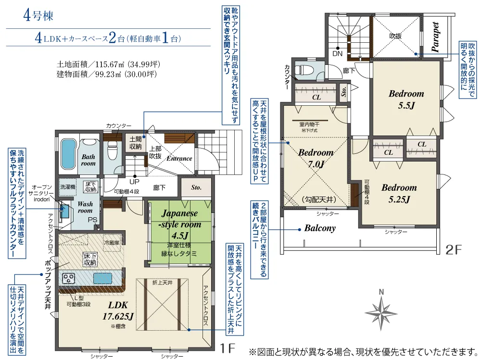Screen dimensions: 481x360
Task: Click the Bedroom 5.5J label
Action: (x=406, y=99)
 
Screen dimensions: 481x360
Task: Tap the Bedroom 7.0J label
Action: (x=316, y=158)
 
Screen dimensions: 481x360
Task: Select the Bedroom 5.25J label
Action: (x=399, y=194)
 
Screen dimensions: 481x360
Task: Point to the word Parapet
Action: (x=435, y=37)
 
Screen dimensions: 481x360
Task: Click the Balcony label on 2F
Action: (x=320, y=228)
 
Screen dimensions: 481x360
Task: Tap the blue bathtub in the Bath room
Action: (x=68, y=154)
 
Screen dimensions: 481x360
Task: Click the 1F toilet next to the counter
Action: (x=112, y=151)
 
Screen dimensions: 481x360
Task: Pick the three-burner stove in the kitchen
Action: (x=68, y=278)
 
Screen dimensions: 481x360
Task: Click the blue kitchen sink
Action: (x=102, y=279)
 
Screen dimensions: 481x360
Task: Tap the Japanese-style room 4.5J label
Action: (x=180, y=224)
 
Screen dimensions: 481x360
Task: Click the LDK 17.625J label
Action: (x=118, y=310)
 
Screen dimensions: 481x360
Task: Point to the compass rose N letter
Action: (x=381, y=292)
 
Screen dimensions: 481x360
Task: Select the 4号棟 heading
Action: (x=38, y=15)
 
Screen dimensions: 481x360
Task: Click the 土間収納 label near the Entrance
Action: (x=135, y=143)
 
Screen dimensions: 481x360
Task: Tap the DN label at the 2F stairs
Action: (x=338, y=54)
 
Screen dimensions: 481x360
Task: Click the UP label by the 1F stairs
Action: (x=134, y=182)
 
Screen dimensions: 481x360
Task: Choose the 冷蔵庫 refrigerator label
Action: (x=112, y=243)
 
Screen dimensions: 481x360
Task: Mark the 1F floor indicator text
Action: (x=227, y=348)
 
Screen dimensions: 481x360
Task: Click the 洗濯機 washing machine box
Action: (x=67, y=187)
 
